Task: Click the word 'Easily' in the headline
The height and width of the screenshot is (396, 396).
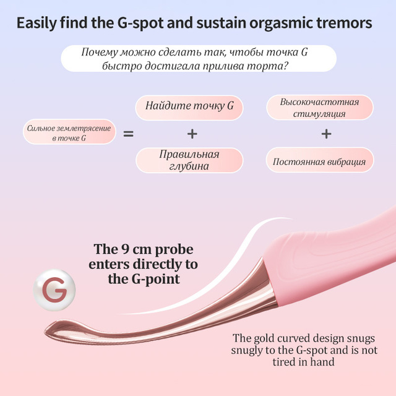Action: (x=37, y=23)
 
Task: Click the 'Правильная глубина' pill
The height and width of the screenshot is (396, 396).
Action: (x=189, y=160)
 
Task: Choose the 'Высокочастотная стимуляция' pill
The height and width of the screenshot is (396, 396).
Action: (x=320, y=107)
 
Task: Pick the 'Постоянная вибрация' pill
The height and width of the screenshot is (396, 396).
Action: (x=320, y=160)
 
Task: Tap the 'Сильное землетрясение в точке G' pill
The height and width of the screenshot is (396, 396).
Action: (x=69, y=132)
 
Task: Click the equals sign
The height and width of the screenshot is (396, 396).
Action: (x=128, y=134)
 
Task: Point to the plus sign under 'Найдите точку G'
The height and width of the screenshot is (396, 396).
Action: (x=192, y=134)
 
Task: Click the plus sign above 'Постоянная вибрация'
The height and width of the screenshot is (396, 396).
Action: (x=326, y=134)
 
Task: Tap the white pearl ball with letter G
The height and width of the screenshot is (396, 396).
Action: (x=54, y=290)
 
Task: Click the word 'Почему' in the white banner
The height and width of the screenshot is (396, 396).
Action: (x=100, y=52)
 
